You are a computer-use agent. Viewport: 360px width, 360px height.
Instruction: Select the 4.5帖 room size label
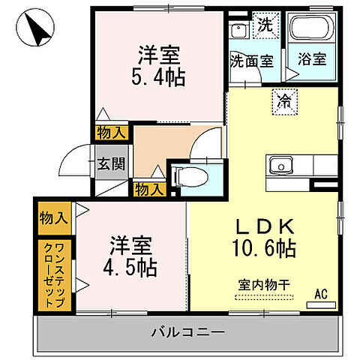coord(133,268)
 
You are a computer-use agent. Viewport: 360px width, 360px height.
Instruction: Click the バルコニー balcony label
coord(186,331)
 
